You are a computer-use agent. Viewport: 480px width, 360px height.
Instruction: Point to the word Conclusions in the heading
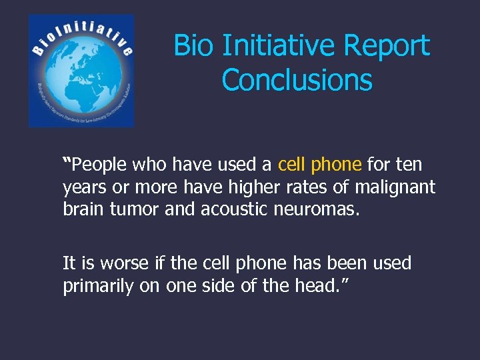click(x=297, y=80)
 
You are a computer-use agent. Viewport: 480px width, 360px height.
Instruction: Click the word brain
click(x=83, y=211)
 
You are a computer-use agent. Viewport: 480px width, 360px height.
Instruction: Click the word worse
click(x=119, y=263)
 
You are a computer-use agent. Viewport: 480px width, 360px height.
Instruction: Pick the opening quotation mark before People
click(x=67, y=161)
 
